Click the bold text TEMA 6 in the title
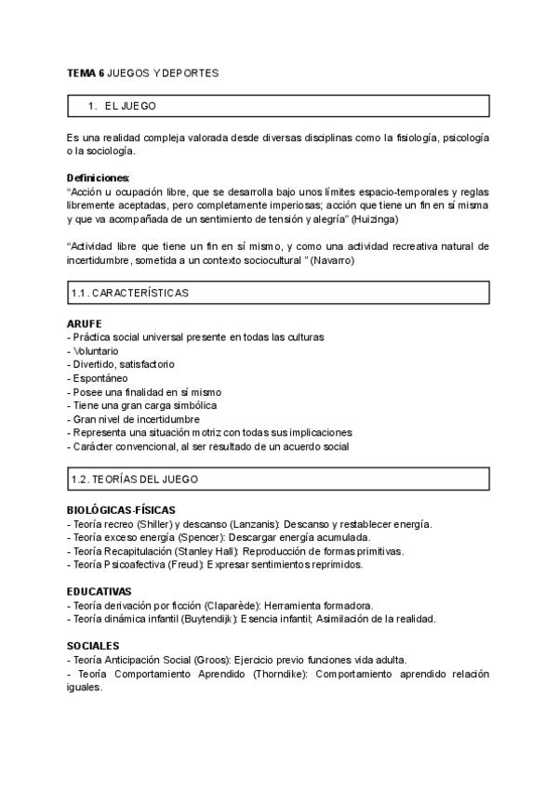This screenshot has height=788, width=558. (86, 72)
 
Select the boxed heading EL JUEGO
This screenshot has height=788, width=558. (130, 107)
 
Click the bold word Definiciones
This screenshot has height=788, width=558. (99, 177)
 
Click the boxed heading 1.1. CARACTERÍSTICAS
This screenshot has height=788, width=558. (129, 294)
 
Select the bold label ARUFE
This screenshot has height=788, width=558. (85, 323)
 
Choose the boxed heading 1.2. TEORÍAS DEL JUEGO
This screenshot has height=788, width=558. (134, 479)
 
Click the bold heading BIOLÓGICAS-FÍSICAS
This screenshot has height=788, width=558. (121, 510)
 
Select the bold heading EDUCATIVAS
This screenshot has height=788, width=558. (100, 591)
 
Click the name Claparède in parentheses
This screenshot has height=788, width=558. (240, 605)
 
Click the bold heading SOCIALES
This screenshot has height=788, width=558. (93, 646)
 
